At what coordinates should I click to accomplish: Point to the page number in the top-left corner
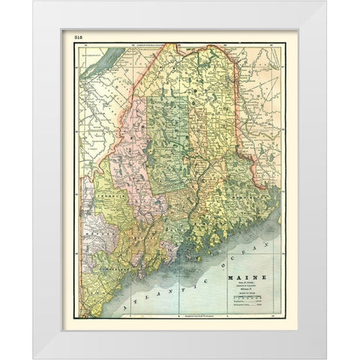point(78,35)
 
